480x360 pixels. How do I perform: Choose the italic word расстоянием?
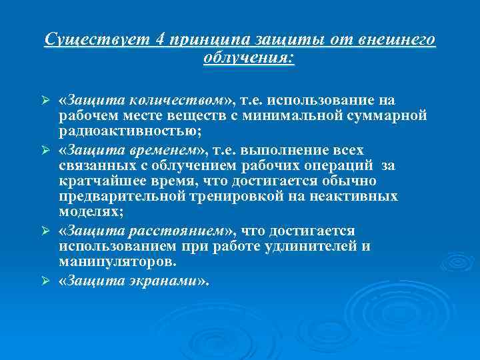(185, 231)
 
